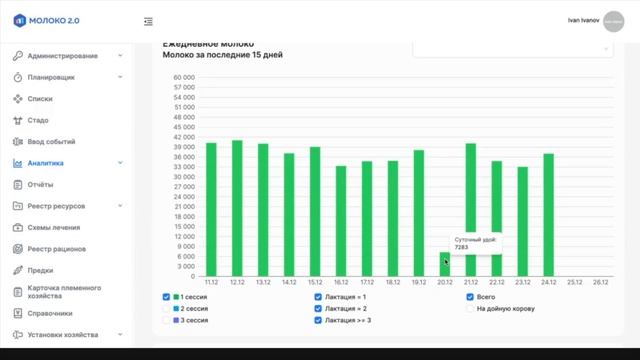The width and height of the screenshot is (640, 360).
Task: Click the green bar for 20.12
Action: [x=445, y=265]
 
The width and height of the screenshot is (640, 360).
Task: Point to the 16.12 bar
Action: [x=341, y=221]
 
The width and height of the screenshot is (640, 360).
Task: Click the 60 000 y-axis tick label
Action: [x=183, y=76]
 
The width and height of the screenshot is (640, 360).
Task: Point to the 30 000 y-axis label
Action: [x=183, y=177]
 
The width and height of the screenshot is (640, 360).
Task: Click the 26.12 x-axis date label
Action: [x=600, y=283]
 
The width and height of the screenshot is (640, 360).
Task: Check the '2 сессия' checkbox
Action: [x=167, y=308]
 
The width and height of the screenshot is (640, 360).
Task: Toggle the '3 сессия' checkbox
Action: [x=167, y=320]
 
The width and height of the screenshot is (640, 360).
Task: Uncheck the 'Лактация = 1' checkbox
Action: [x=318, y=297]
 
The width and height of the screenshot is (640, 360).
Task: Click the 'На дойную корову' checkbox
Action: [x=470, y=308]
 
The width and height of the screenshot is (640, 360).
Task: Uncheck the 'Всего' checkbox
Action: [x=470, y=297]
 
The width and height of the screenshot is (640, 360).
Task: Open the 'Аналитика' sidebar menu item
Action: [x=46, y=163]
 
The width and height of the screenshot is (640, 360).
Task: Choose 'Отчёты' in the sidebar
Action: [x=41, y=184]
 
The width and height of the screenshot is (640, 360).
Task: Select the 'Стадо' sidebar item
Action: [x=38, y=120]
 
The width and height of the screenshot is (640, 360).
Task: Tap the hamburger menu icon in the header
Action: [x=148, y=21]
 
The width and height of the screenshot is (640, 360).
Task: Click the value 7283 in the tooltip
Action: [x=462, y=247]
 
